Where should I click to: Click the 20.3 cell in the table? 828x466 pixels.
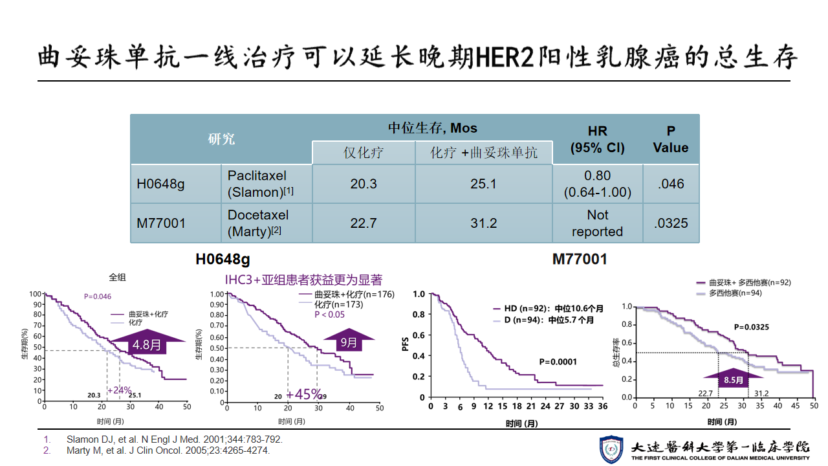pos(364,184)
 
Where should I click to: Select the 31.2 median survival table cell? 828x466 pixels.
pos(483,223)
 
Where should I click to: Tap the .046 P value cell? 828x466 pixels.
pos(671,184)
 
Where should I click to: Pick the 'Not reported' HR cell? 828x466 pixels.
pos(597,223)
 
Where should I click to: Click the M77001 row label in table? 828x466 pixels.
pos(161,223)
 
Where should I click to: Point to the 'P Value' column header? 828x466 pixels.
pos(671,139)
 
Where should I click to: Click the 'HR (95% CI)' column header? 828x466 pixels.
pos(597,139)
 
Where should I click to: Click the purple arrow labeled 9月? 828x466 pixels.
pos(349,341)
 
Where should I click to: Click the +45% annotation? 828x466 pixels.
pos(304,394)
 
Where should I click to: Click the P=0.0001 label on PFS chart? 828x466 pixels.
pos(558,362)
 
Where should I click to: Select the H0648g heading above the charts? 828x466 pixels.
pos(223,260)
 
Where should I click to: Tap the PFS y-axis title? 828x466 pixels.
pos(406,343)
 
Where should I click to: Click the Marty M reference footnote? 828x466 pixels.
pos(168,450)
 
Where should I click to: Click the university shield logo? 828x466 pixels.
pos(611,449)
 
